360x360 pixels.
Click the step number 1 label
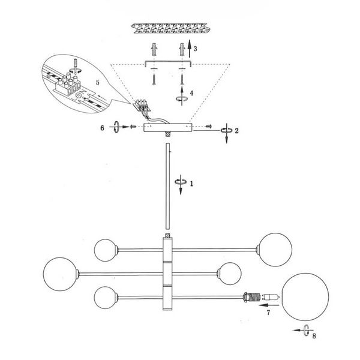(x=192, y=184)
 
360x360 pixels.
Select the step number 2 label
(x=236, y=131)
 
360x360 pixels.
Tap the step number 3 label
(x=195, y=49)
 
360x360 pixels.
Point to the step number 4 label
(x=191, y=93)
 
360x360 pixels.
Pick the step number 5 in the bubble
(x=98, y=82)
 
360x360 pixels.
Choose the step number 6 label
(x=102, y=128)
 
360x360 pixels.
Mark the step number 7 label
(x=268, y=313)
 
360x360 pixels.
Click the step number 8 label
(x=314, y=336)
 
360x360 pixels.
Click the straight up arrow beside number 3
(x=190, y=49)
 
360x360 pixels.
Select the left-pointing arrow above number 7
(x=269, y=305)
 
